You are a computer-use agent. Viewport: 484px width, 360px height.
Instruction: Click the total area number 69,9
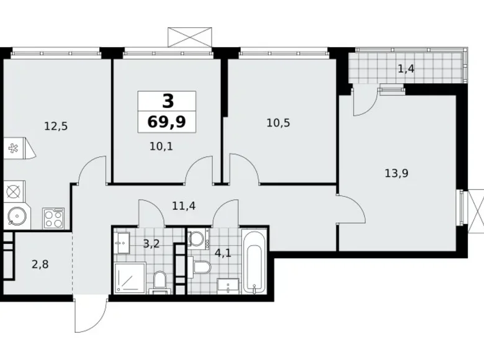point(167,122)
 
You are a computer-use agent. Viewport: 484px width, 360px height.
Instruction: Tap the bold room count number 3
point(168,101)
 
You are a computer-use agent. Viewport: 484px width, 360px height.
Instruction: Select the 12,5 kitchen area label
point(56,126)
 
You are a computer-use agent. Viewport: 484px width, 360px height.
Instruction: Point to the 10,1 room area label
point(161,146)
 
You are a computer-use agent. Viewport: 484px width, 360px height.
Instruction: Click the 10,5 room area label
point(279,123)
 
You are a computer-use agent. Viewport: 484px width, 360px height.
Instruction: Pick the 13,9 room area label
point(397,173)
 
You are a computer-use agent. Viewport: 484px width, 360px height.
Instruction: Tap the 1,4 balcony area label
point(406,68)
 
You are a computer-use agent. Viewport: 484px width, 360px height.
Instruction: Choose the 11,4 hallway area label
point(184,205)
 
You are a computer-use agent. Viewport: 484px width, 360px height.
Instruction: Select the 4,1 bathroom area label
point(223,253)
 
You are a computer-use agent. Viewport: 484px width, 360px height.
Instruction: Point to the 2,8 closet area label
point(40,264)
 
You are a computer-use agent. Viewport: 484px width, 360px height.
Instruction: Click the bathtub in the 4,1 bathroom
point(254,261)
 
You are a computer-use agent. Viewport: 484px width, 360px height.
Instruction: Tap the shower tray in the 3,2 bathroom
point(130,278)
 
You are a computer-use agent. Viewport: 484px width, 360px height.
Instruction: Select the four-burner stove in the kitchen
point(53,218)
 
